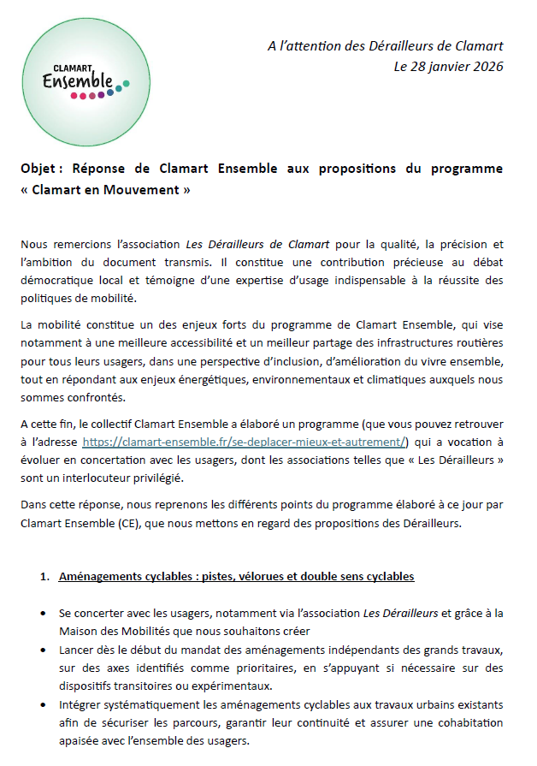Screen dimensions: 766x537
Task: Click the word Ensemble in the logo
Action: click(x=77, y=82)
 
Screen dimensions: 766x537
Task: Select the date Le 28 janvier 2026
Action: click(x=448, y=65)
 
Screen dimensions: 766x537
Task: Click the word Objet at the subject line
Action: click(x=37, y=169)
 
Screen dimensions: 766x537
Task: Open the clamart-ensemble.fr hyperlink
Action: click(x=245, y=442)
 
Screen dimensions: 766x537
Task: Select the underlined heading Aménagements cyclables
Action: click(x=237, y=576)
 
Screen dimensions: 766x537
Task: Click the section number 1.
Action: click(x=44, y=576)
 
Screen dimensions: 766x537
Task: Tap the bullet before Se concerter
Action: click(x=44, y=614)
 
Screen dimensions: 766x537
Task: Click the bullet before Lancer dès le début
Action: click(x=44, y=653)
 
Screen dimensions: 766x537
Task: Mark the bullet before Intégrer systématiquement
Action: click(x=44, y=704)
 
